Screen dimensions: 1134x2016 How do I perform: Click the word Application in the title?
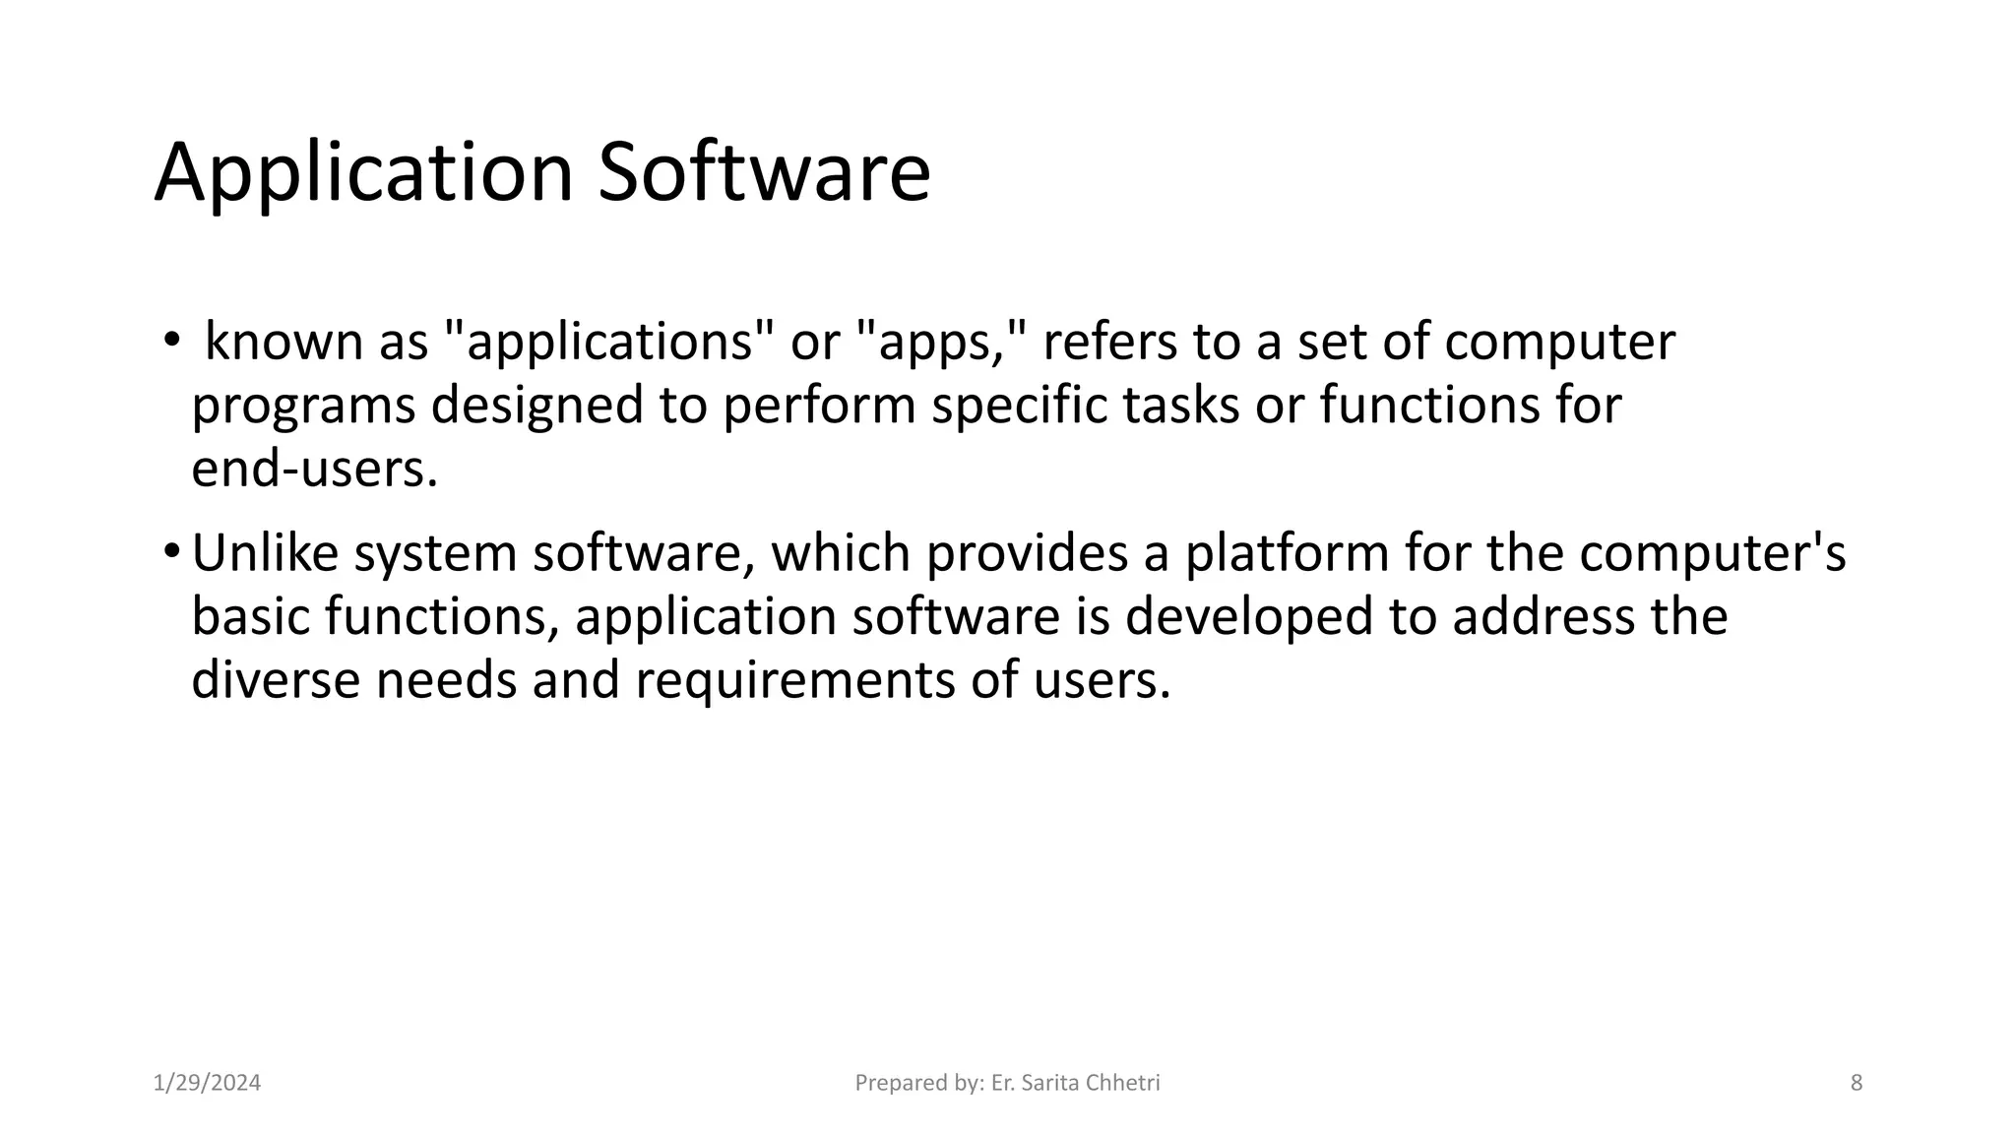tap(363, 173)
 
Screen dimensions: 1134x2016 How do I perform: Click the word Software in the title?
tap(764, 173)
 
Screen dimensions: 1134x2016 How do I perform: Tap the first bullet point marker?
tap(171, 341)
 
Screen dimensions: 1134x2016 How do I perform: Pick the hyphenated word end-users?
tap(313, 469)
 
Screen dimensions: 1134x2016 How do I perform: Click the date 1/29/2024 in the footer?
tap(207, 1083)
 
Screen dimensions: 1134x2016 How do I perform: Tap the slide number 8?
tap(1857, 1083)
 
